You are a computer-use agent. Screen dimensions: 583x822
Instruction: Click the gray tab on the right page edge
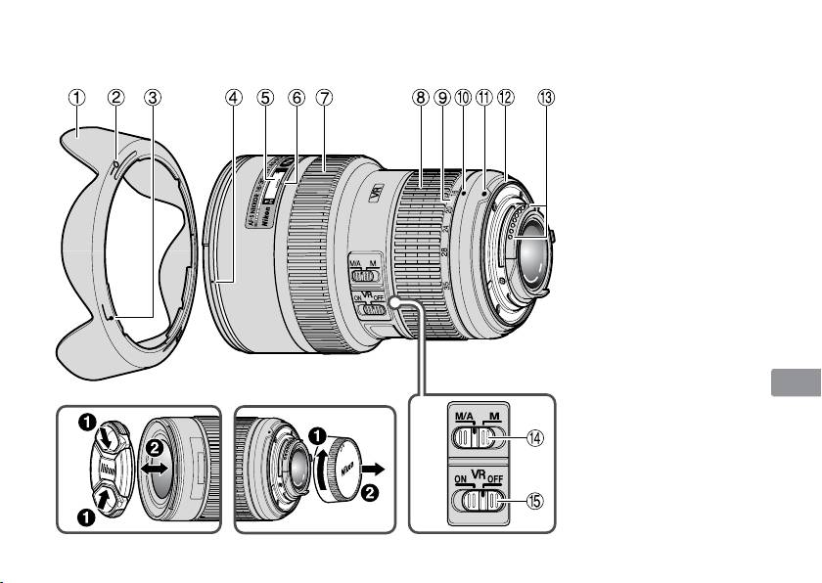[794, 381]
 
